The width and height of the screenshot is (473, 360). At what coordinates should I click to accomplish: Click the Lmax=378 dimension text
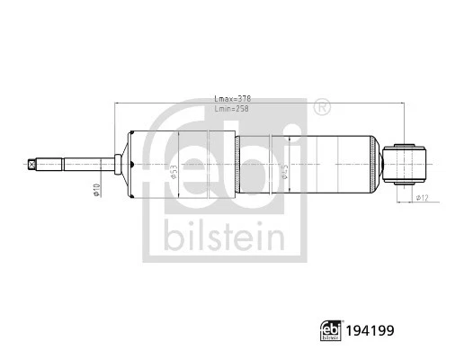233,99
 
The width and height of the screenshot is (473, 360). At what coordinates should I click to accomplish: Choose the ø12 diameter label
422,197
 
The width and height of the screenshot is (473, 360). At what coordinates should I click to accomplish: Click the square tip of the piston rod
33,165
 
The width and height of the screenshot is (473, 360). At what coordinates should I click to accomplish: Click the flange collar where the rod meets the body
120,165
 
